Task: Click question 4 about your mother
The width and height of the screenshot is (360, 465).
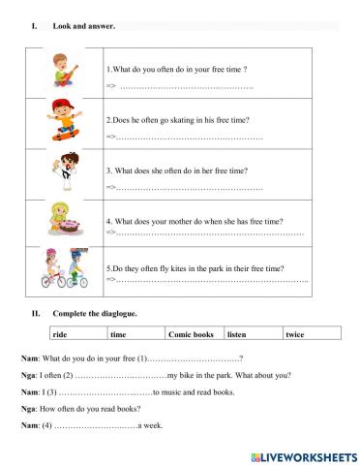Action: [x=193, y=220]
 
